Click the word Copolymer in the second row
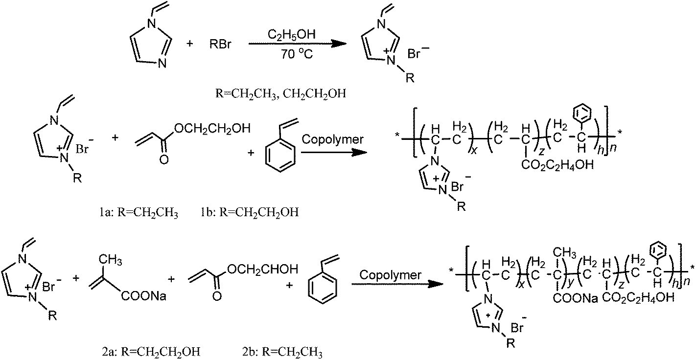coord(333,139)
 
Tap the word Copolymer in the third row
coord(390,275)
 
